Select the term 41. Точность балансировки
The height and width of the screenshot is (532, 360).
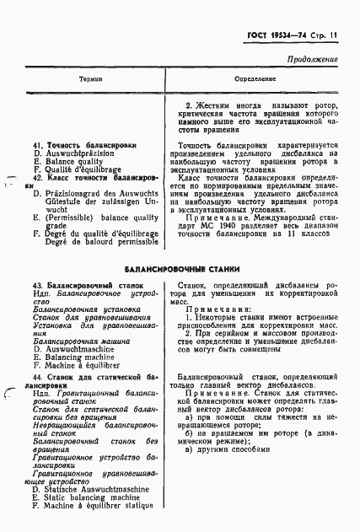click(83, 145)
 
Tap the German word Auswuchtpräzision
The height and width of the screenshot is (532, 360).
click(81, 155)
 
